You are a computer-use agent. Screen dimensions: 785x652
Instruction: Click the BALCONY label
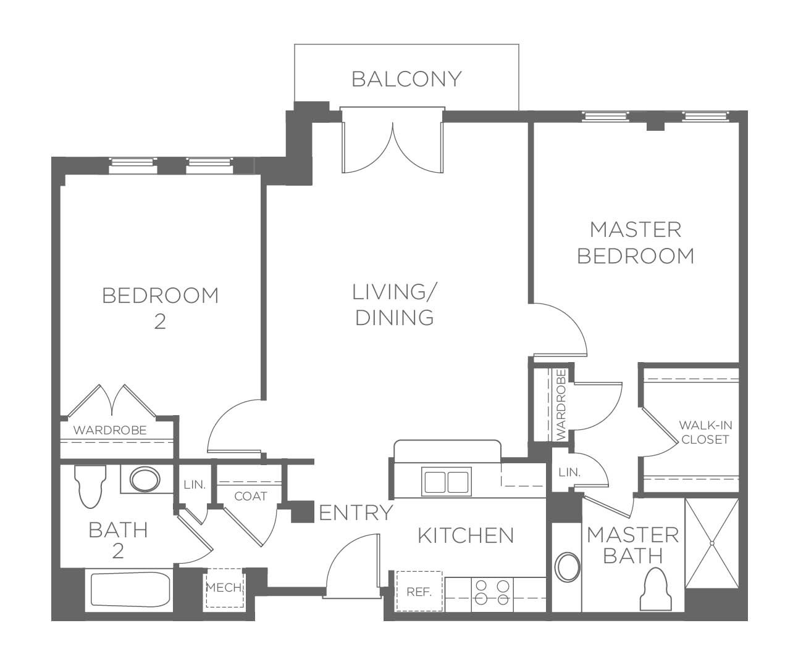pos(406,79)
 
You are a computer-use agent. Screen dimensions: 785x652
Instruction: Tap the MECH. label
pos(224,587)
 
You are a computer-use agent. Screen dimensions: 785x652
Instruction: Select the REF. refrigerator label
pos(419,592)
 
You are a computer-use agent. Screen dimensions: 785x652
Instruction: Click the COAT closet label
pos(251,496)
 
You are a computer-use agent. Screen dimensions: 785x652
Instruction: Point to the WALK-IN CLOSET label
pos(705,432)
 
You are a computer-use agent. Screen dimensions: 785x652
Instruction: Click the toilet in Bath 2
pos(90,487)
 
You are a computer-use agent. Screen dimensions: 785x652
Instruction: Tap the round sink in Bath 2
pos(145,479)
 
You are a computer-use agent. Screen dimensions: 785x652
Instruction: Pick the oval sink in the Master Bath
pos(568,567)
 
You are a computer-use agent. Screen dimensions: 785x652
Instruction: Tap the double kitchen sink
pos(447,482)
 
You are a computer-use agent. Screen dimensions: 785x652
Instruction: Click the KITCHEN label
pos(466,535)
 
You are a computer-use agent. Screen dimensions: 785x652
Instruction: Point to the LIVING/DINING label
pos(395,305)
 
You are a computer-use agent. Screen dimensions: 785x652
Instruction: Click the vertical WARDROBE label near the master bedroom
pos(561,405)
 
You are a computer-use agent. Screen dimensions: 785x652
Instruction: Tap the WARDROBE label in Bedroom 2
pos(110,430)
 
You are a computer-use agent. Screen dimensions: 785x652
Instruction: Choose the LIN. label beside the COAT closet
pos(195,485)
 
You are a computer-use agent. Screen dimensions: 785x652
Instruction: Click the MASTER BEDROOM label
pos(636,243)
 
